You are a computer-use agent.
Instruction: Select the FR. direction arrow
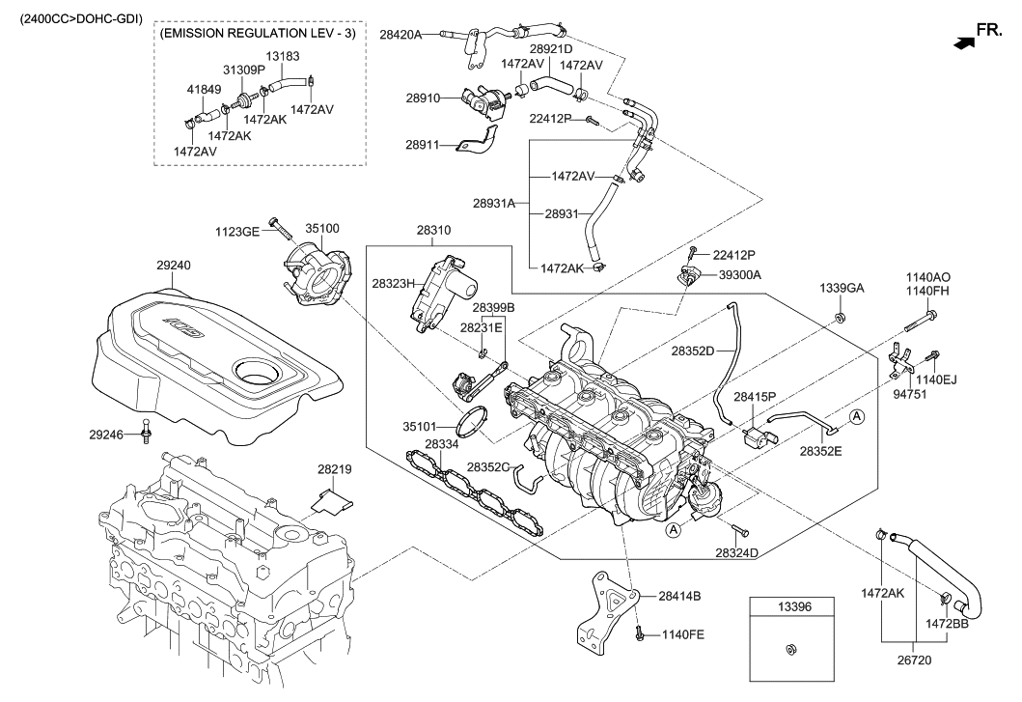coord(964,42)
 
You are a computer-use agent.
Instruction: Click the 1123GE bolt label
coord(238,232)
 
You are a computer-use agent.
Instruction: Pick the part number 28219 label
coord(334,469)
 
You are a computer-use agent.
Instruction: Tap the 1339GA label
coord(842,289)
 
